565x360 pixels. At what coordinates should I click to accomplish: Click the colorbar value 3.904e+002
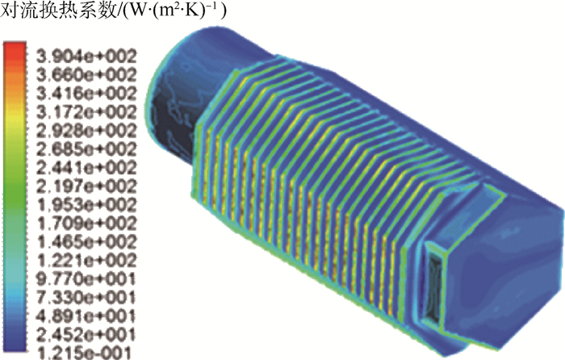(x=87, y=57)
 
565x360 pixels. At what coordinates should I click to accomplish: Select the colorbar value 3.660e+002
(x=87, y=75)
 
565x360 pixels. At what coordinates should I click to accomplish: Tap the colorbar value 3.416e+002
(x=87, y=94)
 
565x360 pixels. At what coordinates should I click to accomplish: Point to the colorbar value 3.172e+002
(x=87, y=112)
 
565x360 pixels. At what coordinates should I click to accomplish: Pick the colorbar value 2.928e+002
(x=87, y=132)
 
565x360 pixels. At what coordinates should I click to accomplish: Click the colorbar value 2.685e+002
(x=87, y=149)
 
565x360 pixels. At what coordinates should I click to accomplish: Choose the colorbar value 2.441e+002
(x=87, y=168)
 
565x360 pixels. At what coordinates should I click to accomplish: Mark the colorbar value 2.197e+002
(x=87, y=186)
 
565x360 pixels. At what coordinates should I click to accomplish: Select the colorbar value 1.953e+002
(x=87, y=205)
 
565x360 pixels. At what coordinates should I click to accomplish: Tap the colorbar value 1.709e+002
(x=87, y=224)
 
